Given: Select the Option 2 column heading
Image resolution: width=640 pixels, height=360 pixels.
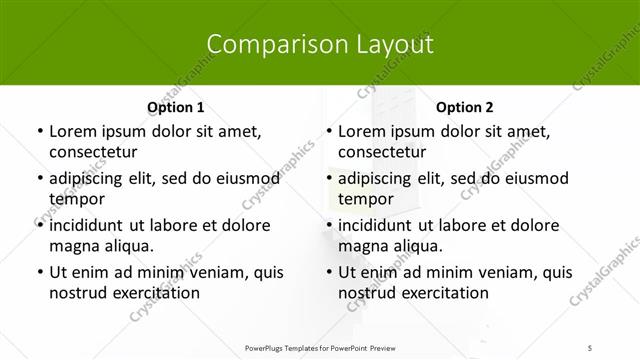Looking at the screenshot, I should point(465,107).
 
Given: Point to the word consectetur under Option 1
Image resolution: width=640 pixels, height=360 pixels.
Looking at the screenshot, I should point(93,152).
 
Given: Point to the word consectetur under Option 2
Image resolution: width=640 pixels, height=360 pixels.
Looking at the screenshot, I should point(383,152).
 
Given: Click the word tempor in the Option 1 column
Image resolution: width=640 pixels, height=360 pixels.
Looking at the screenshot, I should point(77,199).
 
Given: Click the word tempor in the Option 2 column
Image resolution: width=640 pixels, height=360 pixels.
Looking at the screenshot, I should point(366,199).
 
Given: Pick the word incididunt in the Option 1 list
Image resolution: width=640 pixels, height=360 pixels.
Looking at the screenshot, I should point(90,225).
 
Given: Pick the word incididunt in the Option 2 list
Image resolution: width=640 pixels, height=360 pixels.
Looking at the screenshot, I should point(380,225).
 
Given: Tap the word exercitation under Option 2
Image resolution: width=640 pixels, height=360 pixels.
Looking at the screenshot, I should point(443,293).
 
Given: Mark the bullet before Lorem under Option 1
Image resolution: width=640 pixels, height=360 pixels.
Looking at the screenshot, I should point(38,131).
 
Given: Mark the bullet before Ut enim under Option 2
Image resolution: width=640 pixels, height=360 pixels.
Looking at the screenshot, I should point(328,272).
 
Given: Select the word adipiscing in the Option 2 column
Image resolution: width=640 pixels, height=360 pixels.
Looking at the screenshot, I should point(379,178).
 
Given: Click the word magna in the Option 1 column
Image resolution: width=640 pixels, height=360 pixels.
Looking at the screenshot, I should point(74,246).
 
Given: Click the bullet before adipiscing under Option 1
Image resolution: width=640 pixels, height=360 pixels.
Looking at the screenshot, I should point(38,178).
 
